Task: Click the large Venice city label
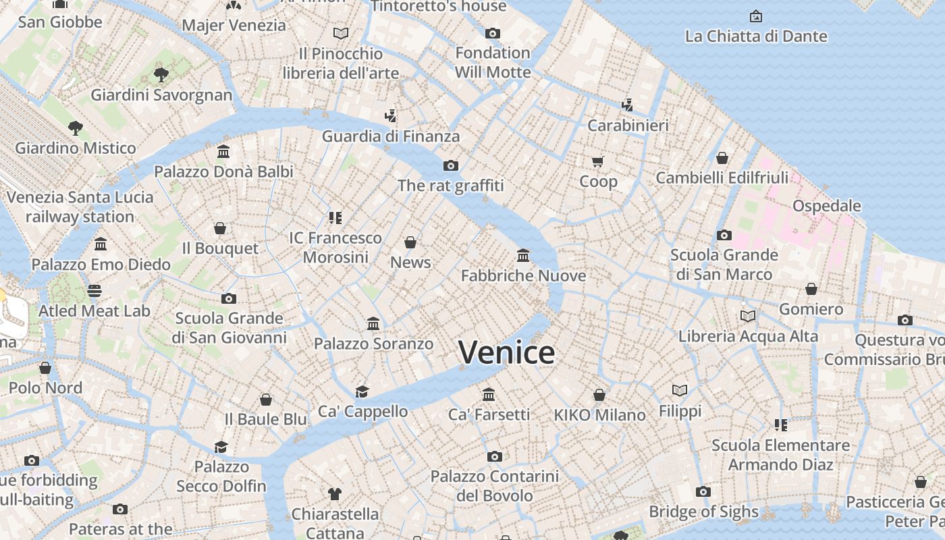coord(506,352)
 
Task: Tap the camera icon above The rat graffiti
coord(451,165)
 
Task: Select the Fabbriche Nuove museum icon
coord(523,255)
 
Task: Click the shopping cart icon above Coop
coord(598,161)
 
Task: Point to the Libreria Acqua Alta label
coord(748,336)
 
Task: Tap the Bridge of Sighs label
coord(703,512)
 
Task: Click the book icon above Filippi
coord(680,390)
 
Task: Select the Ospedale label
coord(826,206)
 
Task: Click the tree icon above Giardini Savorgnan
coord(161,74)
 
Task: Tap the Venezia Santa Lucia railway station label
coord(80,207)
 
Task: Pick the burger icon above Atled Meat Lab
coord(94,291)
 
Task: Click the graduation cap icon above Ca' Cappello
coord(362,391)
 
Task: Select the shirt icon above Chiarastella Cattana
coord(335,493)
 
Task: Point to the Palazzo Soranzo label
coord(373,344)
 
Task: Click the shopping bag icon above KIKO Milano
coord(599,394)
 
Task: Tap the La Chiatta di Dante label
coord(756,36)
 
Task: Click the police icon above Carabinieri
coord(628,105)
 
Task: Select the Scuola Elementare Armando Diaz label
coord(780,454)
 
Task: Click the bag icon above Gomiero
coord(811,289)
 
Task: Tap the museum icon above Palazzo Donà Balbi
coord(223,151)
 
